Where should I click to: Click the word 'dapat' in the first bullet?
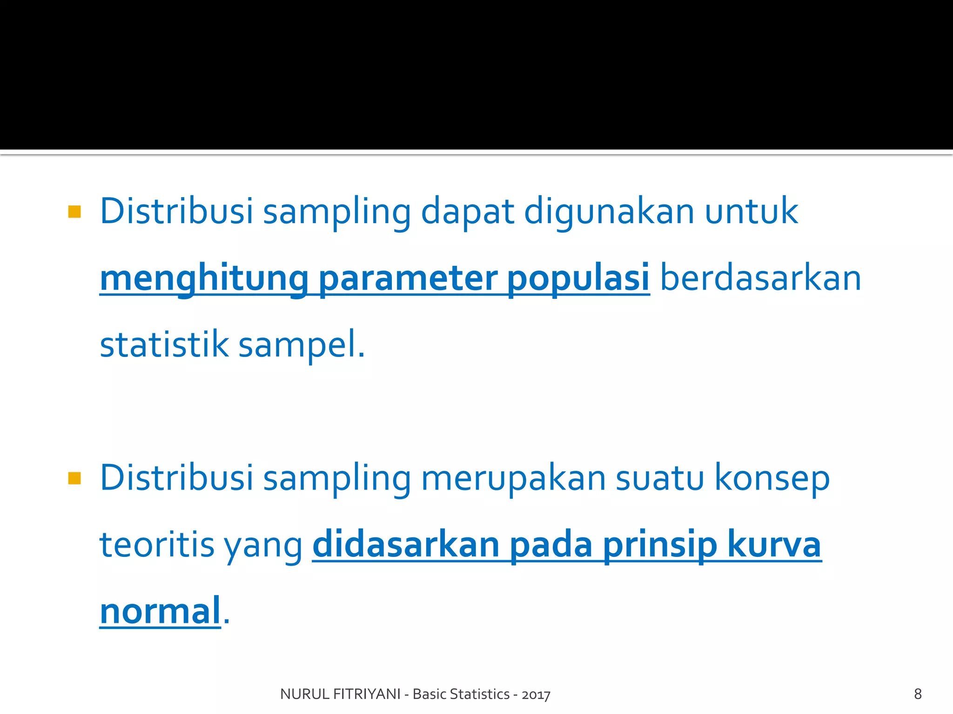click(467, 212)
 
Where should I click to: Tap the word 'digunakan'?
click(609, 212)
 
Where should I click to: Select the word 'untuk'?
click(751, 212)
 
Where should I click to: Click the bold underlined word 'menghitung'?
click(204, 279)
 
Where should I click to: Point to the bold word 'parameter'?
click(408, 279)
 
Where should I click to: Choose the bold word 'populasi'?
click(578, 279)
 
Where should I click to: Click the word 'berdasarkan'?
click(760, 279)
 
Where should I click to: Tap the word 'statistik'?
click(164, 345)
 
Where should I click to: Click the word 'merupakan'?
click(513, 479)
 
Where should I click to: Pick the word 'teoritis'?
click(157, 545)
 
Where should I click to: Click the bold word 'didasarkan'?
click(406, 545)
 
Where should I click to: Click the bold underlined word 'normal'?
click(160, 611)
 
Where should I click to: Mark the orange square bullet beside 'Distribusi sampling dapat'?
click(74, 212)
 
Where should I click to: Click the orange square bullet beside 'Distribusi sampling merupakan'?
click(74, 478)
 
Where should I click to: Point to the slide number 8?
click(918, 694)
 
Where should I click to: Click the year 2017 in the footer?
click(536, 694)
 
